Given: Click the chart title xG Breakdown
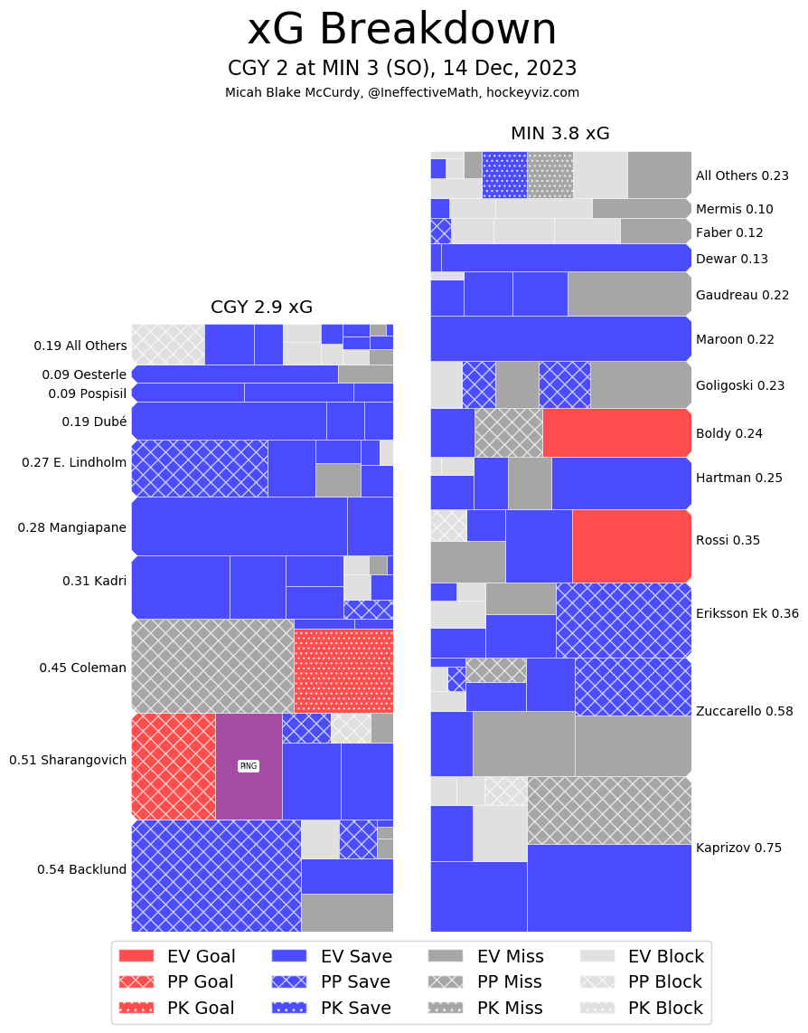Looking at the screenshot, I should [402, 30].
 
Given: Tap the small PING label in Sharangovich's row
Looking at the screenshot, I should [248, 766].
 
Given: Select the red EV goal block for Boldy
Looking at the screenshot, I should [616, 432].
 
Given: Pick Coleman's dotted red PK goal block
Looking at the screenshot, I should [343, 671].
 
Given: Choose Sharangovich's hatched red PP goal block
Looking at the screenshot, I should [174, 766].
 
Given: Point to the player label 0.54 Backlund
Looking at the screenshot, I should [81, 869].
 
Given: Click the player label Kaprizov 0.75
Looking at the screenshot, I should [738, 848].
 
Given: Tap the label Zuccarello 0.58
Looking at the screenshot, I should [744, 711].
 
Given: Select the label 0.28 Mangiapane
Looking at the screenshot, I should [72, 527].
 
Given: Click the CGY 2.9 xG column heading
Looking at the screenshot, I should [261, 307].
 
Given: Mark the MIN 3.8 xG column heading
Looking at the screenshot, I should [559, 134].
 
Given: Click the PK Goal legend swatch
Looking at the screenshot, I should [136, 1008].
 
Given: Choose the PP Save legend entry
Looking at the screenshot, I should [331, 981].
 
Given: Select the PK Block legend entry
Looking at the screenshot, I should [642, 1008].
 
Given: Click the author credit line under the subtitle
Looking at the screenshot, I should [402, 92].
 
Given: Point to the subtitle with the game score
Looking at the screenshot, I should [402, 69].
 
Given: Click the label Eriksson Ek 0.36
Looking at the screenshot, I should [747, 613].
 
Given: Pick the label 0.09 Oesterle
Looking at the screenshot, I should [84, 374].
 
